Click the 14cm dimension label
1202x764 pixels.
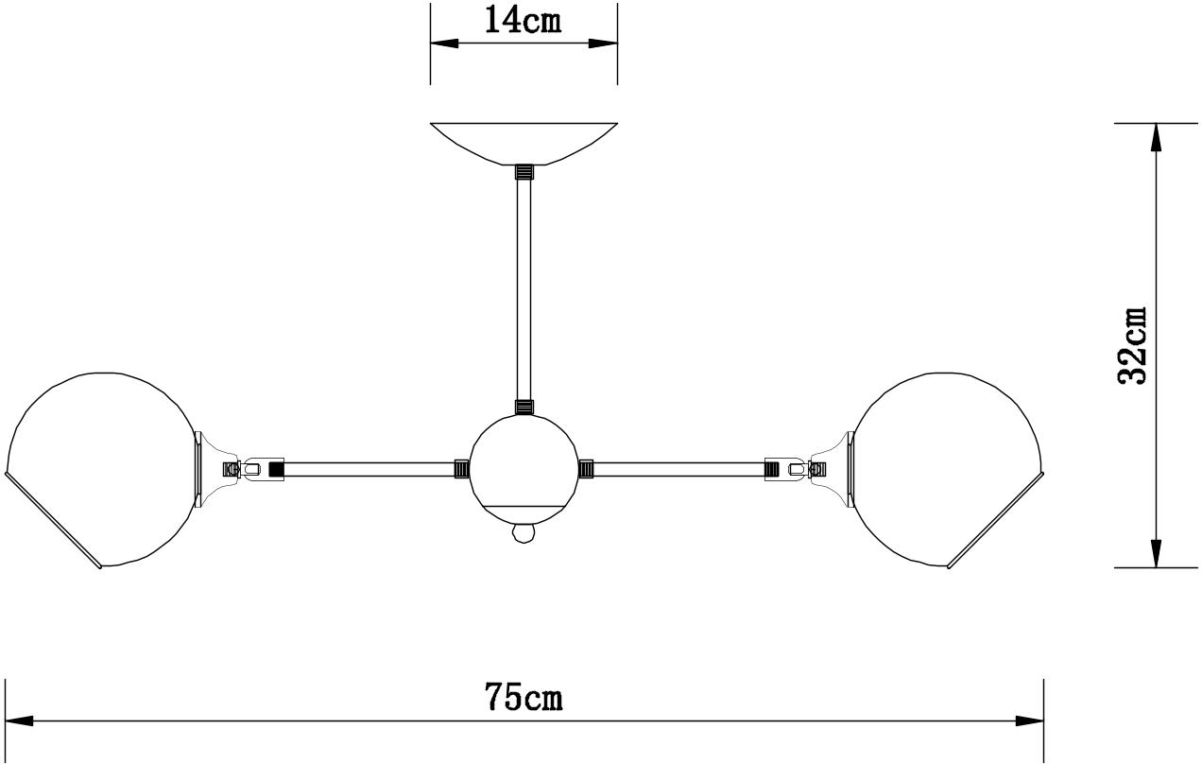pos(523,21)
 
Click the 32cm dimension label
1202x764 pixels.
pos(1132,345)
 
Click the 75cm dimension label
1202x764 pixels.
pos(524,696)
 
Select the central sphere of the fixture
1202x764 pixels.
pos(524,470)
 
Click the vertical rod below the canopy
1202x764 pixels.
pos(524,289)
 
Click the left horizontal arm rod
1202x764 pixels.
pos(369,469)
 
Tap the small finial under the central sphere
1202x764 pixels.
pos(524,533)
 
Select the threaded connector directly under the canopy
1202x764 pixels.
pos(524,172)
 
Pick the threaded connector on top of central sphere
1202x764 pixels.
pos(524,407)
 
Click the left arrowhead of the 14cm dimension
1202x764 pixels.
pos(444,43)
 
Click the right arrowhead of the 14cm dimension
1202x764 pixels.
pos(603,43)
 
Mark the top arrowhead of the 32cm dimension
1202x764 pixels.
pos(1157,137)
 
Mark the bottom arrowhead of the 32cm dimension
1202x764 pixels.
pos(1157,553)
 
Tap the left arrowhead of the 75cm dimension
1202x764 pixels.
pos(19,721)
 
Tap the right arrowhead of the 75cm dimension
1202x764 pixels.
pos(1029,721)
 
